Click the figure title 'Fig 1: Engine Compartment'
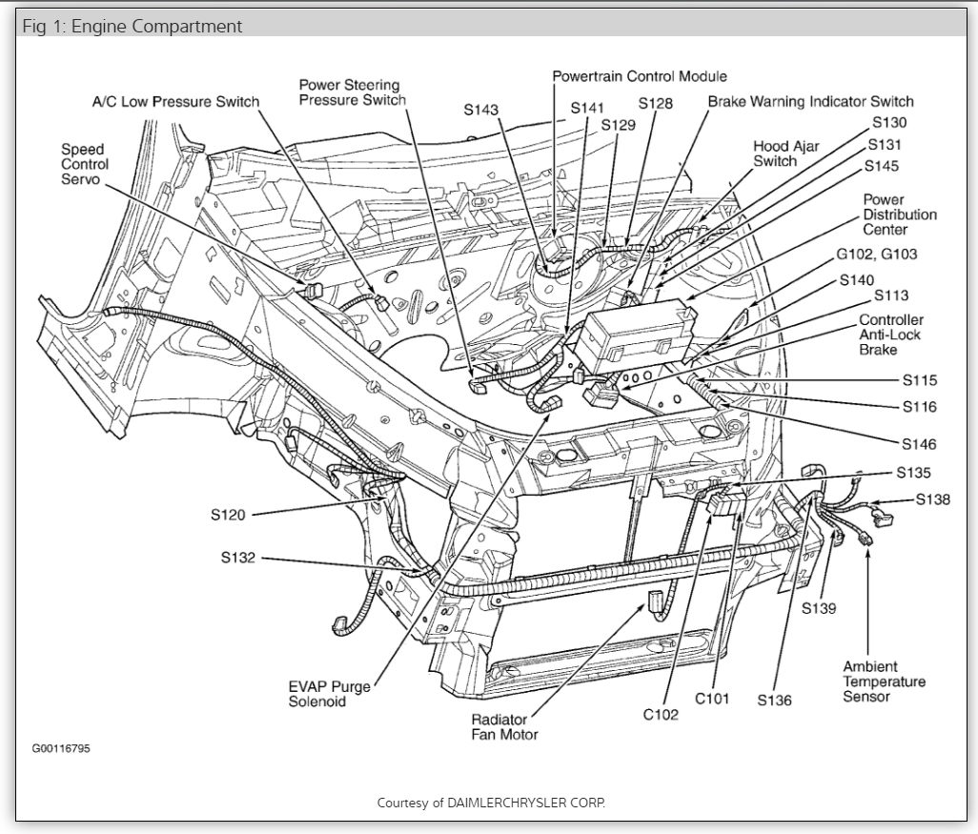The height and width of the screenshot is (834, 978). (132, 26)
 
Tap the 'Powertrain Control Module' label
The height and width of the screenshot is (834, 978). (640, 76)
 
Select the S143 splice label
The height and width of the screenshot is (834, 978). (481, 110)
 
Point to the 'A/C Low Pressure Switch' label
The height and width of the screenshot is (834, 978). (175, 102)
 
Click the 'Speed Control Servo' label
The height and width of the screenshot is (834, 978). (85, 164)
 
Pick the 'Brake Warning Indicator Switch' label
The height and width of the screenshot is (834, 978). (810, 101)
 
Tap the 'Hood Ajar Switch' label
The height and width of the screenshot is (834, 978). (786, 153)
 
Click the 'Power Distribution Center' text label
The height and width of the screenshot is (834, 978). (899, 214)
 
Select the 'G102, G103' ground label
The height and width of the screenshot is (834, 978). (877, 254)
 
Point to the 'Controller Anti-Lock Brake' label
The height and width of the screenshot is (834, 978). (890, 335)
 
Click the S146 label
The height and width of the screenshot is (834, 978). (919, 444)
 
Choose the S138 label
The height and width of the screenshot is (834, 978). (932, 498)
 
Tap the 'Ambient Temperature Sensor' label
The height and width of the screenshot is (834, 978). (884, 681)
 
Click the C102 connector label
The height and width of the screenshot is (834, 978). (661, 715)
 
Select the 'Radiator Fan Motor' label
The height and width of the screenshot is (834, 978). (504, 726)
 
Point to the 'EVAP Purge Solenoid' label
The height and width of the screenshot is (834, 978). (330, 694)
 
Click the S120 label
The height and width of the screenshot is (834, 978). (228, 515)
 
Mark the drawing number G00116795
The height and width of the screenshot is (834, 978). (62, 747)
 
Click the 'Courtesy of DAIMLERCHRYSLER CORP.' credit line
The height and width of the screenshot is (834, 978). (491, 803)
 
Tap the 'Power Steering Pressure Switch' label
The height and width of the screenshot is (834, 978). (352, 92)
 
